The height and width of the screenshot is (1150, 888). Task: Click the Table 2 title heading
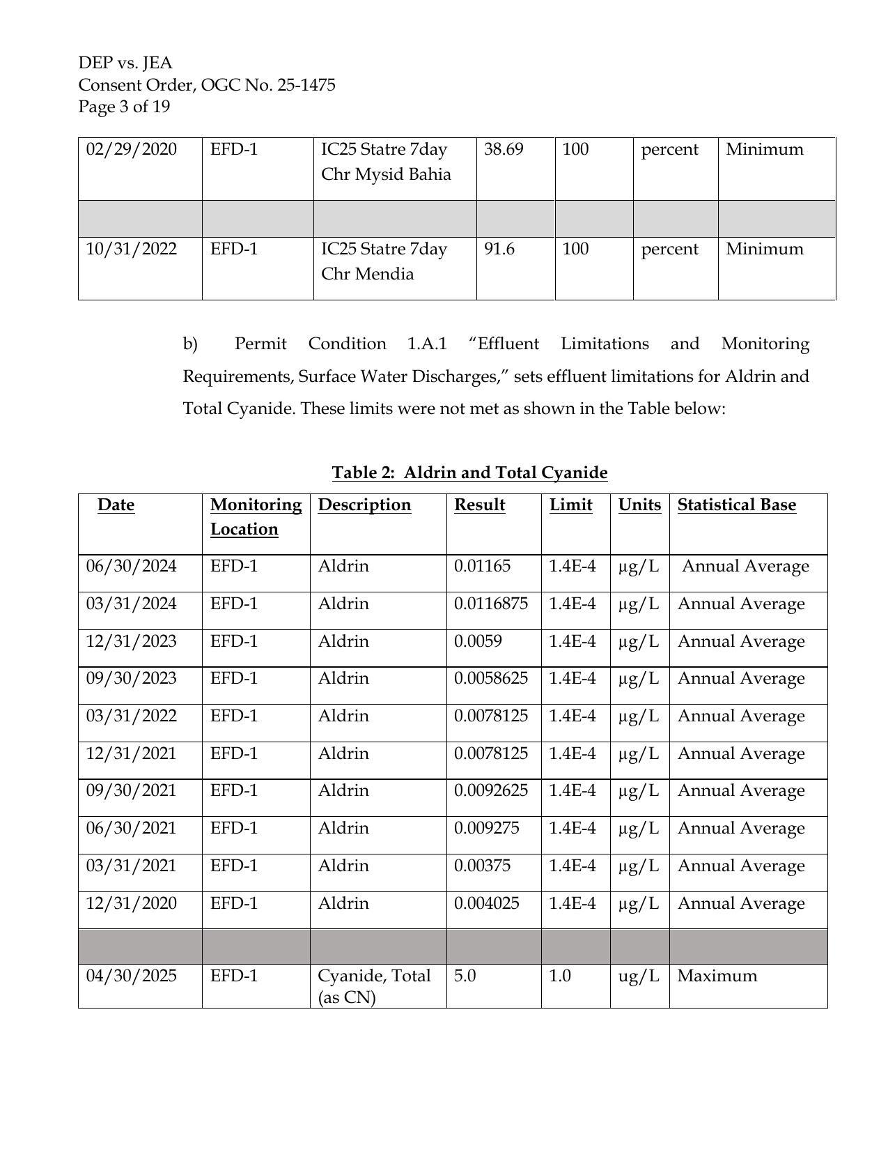point(469,473)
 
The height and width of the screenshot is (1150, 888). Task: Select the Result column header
point(479,505)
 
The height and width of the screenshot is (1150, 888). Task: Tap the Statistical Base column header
point(736,505)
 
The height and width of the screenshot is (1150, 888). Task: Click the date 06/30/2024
point(131,566)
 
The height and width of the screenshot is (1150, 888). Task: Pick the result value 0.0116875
point(490,604)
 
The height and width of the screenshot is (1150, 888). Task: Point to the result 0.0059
point(478,641)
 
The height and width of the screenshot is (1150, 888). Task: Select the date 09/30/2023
point(131,678)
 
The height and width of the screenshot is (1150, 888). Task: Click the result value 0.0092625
point(490,790)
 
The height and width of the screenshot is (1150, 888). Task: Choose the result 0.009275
point(486,828)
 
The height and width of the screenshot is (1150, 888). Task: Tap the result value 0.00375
point(482,866)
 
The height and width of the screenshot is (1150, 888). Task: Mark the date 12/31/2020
point(131,903)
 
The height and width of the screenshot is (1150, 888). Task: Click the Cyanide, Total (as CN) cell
point(374,986)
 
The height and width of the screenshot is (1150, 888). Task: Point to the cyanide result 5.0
point(465,976)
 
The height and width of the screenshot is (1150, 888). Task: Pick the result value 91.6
point(499,249)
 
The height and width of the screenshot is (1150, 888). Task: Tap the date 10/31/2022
point(131,249)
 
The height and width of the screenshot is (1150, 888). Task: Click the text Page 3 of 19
point(124,107)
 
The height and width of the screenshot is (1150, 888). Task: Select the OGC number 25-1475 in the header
point(306,85)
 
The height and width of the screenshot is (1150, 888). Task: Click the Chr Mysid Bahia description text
point(385,174)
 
